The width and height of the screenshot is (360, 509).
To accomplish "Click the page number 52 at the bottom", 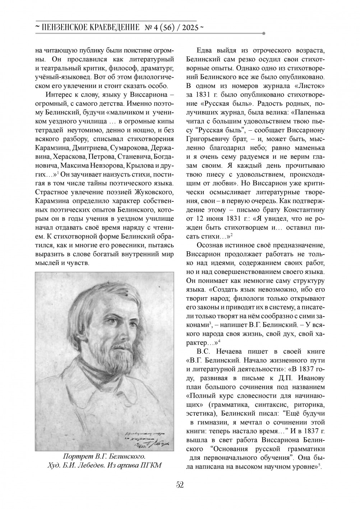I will click(180, 485).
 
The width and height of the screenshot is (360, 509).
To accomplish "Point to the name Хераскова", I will click(68, 157).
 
